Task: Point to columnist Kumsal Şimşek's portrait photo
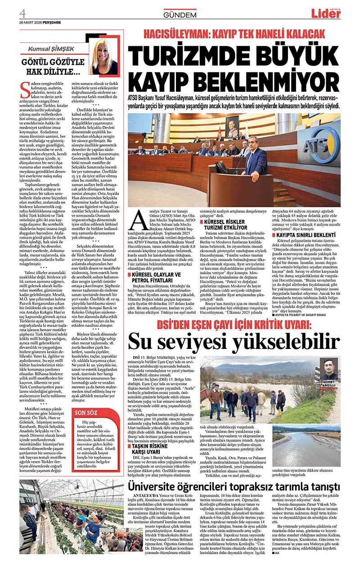(103, 56)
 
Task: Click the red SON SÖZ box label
(85, 412)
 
